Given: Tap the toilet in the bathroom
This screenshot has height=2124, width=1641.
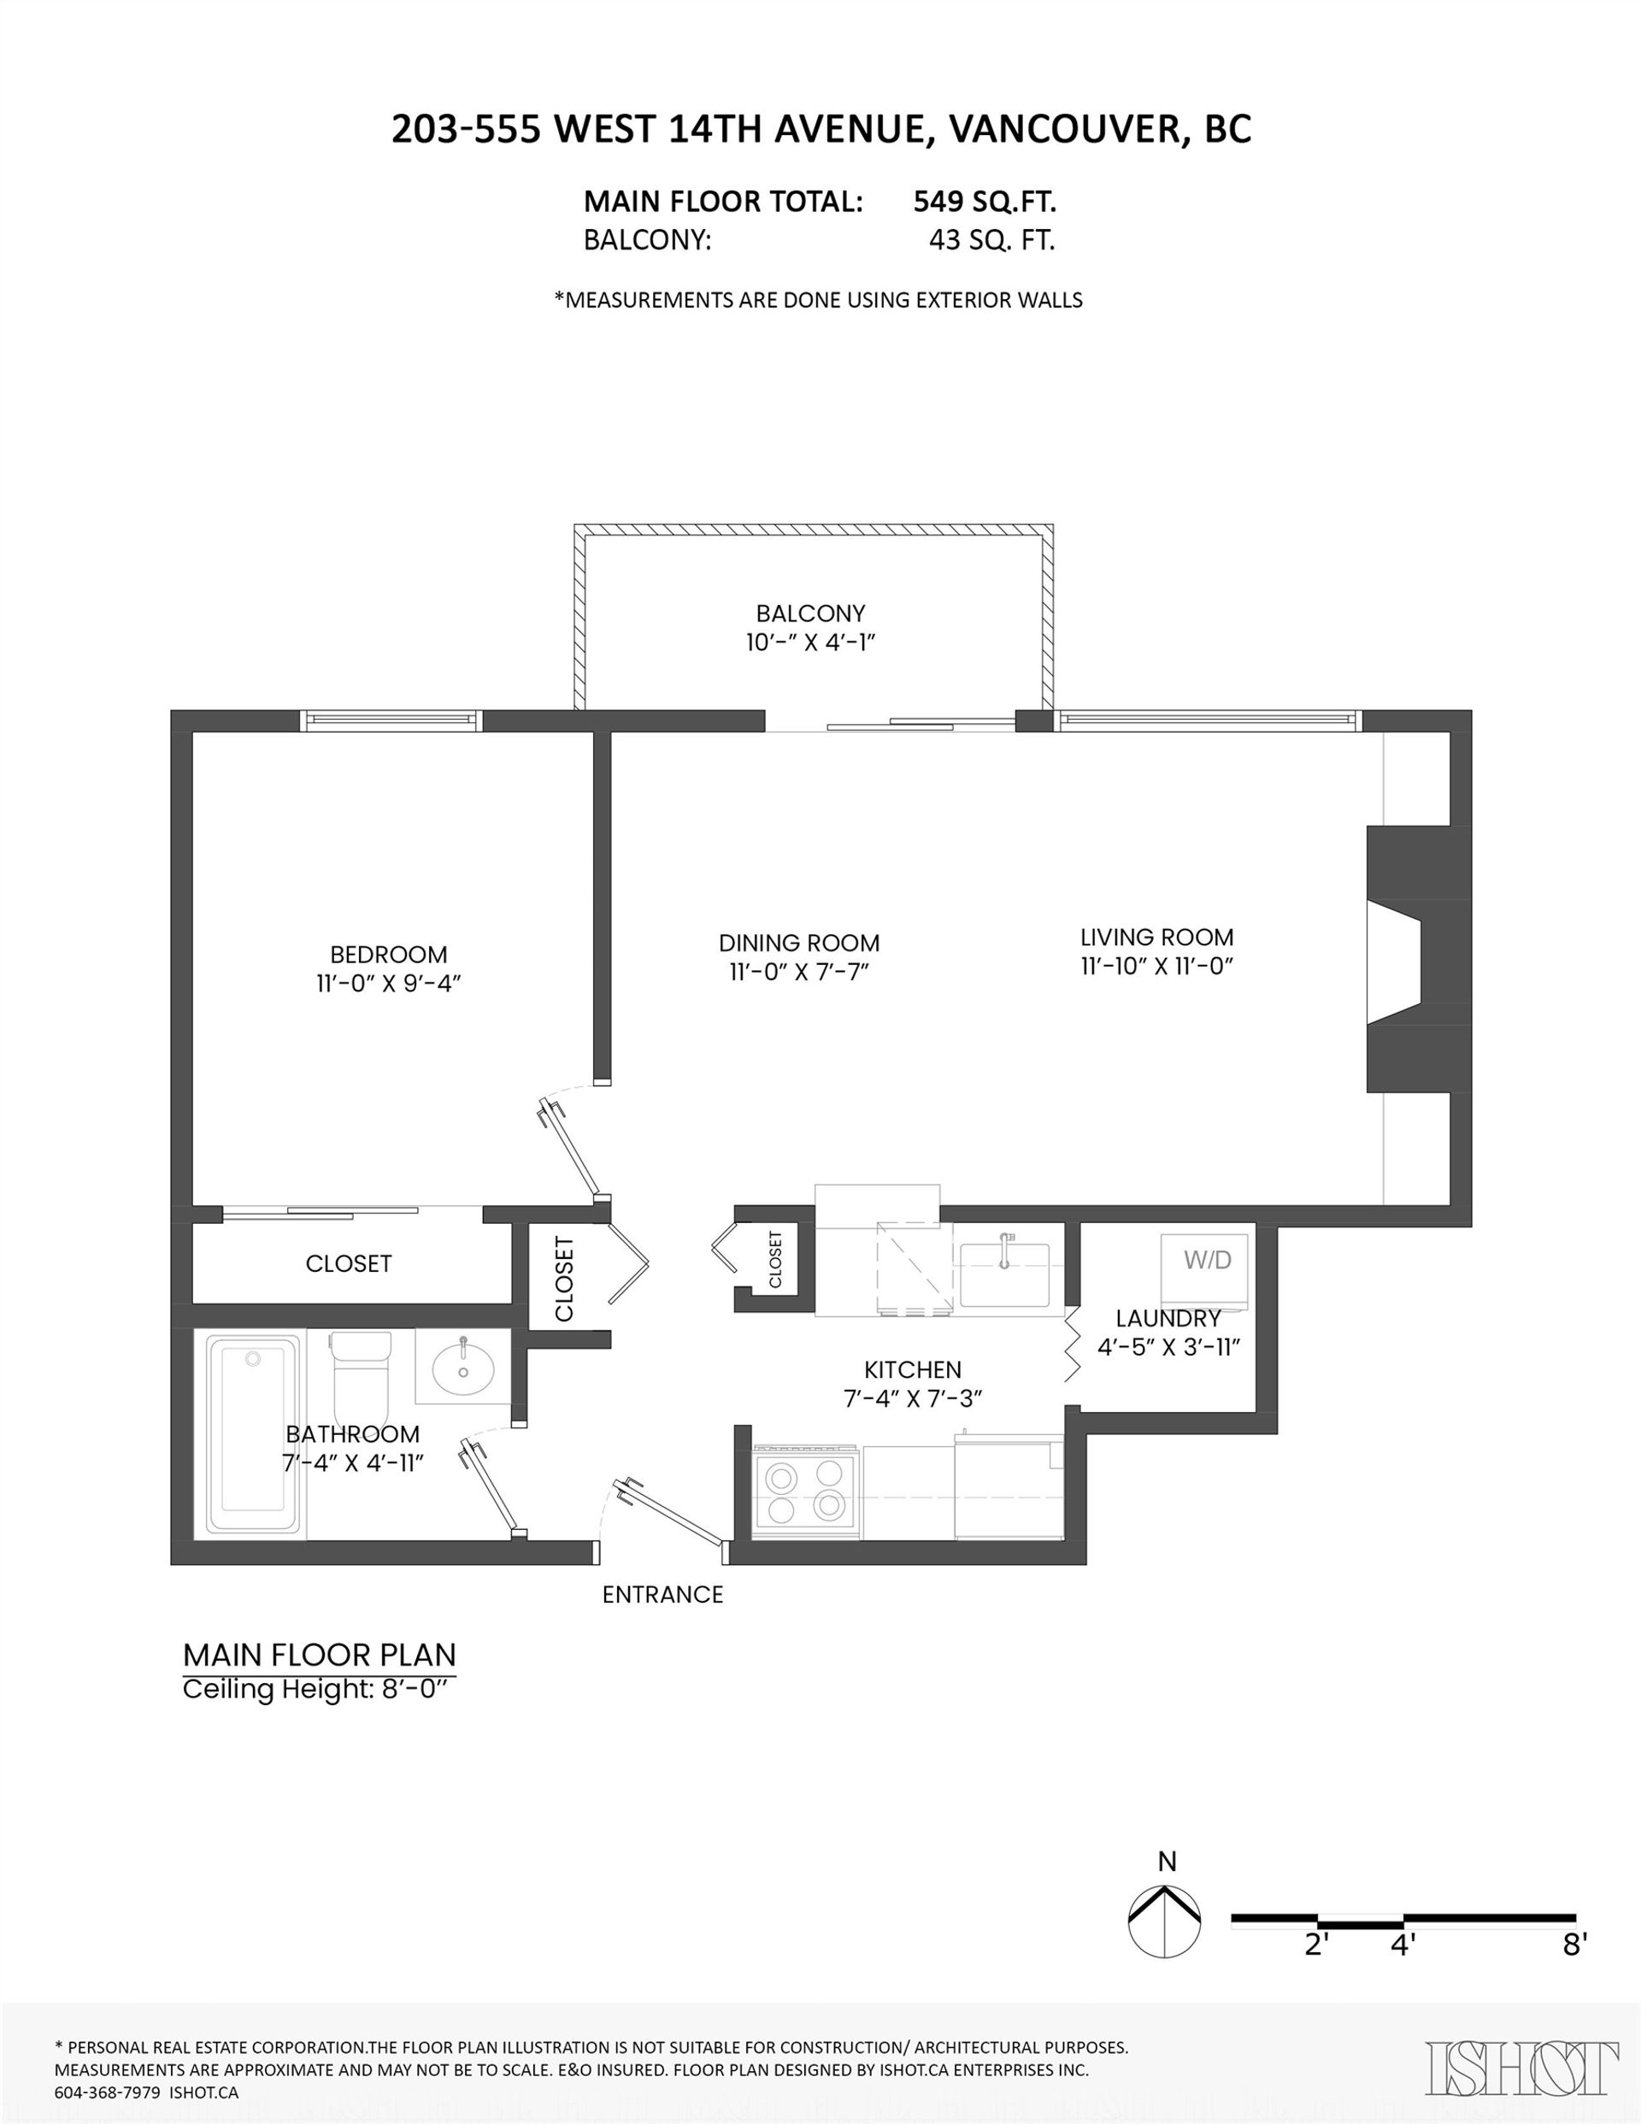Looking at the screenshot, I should point(361,1374).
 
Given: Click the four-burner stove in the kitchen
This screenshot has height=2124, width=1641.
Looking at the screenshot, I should point(804,1492).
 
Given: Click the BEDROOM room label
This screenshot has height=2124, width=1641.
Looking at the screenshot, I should point(388,954).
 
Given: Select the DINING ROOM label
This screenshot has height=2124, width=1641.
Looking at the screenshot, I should point(798,943).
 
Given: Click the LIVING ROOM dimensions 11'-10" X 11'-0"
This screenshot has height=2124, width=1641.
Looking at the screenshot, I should point(1156,966).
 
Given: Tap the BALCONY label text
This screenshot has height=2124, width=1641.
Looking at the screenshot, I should point(810,614).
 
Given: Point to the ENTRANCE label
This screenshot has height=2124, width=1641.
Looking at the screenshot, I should point(662,1594).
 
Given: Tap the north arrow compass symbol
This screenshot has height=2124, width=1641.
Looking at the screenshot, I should point(1164,1922).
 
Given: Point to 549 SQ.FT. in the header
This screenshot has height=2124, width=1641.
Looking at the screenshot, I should point(985,202).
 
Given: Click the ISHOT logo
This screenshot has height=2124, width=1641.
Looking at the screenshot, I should point(1521,2068).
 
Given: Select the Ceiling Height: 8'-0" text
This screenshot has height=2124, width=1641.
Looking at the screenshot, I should point(319,1689).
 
